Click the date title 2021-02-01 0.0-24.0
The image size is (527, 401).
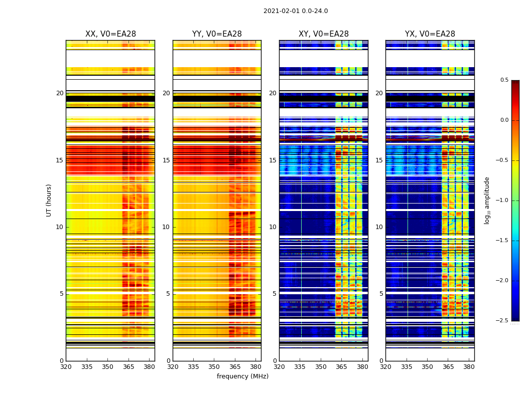(296, 11)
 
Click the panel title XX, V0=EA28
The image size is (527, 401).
(110, 34)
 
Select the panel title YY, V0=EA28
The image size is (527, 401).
(217, 34)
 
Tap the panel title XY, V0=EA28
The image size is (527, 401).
(323, 34)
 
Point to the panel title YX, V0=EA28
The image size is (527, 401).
(430, 34)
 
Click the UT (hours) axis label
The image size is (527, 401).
(49, 200)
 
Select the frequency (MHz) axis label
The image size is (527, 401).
(242, 376)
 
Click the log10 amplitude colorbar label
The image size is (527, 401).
(486, 200)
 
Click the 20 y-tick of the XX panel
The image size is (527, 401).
(60, 93)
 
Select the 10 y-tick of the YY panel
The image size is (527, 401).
(166, 227)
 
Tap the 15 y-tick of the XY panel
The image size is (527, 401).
(273, 160)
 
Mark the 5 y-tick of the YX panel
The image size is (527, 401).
(381, 294)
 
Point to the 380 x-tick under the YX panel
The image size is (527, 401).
(469, 366)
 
